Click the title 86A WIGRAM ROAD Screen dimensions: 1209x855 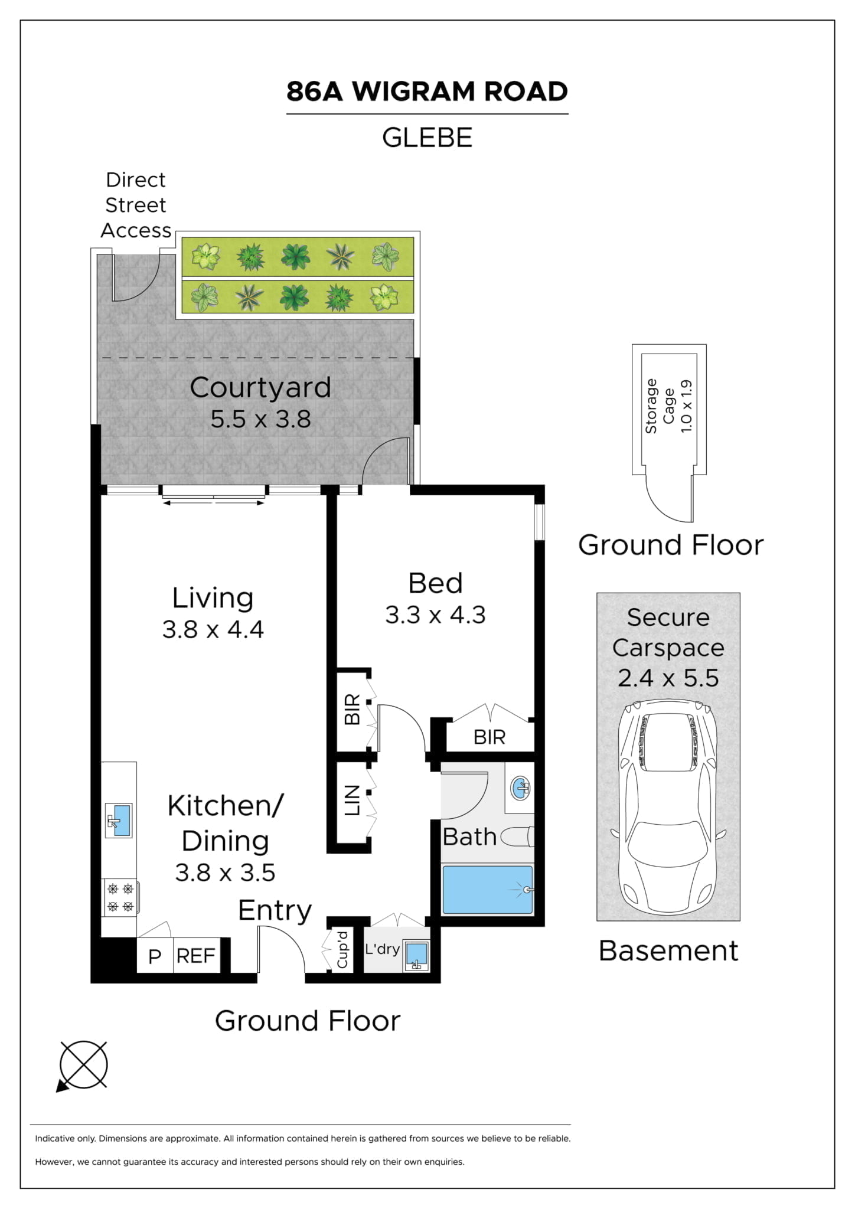click(427, 92)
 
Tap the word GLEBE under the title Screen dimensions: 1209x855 click(427, 138)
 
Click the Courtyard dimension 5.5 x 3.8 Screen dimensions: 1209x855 click(260, 419)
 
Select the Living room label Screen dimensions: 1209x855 click(213, 598)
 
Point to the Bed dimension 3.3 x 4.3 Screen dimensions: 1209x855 click(435, 615)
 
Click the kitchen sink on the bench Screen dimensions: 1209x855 click(119, 820)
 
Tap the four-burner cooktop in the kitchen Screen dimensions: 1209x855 click(120, 897)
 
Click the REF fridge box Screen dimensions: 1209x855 click(196, 956)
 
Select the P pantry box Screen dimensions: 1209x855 click(155, 956)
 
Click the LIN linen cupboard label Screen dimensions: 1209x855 click(352, 800)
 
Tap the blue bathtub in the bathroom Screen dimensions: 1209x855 click(487, 889)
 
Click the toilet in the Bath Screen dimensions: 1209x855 click(518, 837)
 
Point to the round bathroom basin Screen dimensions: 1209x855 click(520, 788)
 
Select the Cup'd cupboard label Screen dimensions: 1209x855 click(342, 950)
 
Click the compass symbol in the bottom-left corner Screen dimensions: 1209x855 click(83, 1065)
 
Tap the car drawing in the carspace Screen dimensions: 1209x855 click(668, 806)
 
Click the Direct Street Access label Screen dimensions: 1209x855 click(136, 205)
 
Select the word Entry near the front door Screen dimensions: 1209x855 click(275, 910)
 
